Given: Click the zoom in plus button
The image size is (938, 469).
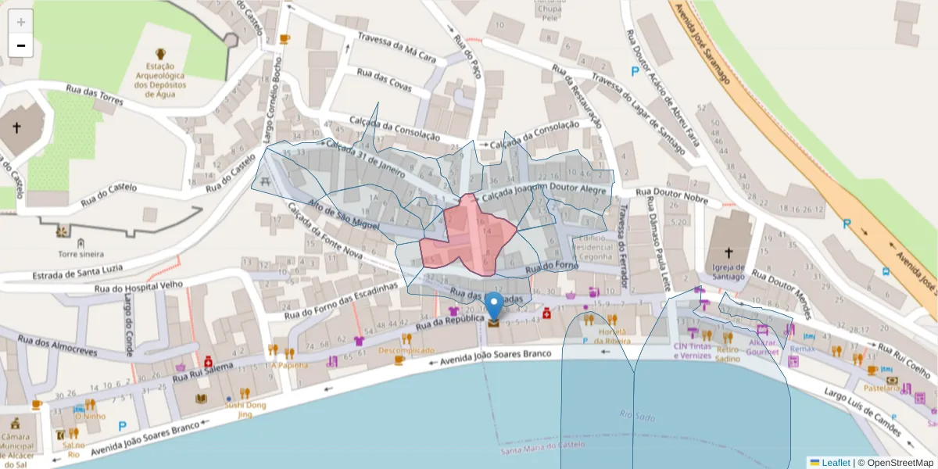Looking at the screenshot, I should coord(21,22).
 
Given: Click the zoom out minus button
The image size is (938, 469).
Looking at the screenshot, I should coord(21,45).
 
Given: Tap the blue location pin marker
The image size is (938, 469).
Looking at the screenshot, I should coord(494,307).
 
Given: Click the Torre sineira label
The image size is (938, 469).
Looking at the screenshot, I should coord(81,254).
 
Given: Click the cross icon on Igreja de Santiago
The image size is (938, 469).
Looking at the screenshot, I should coord(729,252).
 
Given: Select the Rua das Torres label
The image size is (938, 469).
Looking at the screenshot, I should coord(95,97).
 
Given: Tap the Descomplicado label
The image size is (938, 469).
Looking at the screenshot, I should coord(406,351).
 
